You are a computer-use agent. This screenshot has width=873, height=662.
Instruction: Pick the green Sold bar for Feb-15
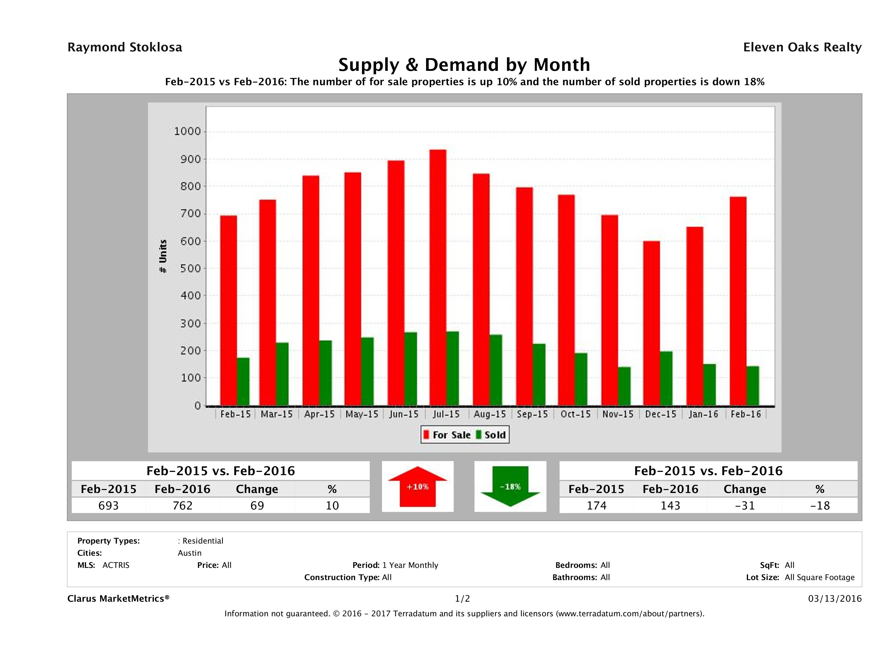pos(243,382)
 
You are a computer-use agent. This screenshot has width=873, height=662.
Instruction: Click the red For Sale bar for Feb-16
pos(738,302)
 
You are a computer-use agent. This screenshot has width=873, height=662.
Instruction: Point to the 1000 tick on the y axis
pos(187,131)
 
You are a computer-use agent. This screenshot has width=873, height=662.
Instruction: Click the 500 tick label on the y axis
pos(190,268)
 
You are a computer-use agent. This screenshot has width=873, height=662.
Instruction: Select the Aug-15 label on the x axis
pos(489,414)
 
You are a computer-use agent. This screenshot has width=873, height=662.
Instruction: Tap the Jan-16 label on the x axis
pos(703,414)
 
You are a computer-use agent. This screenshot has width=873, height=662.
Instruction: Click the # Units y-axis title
pos(163,256)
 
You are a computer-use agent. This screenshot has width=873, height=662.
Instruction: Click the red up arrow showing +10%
pos(417,486)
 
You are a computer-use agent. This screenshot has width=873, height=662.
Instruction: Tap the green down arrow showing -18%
pos(510,486)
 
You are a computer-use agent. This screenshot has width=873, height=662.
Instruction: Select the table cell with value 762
pos(182,505)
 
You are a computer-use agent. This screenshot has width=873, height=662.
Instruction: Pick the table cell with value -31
pos(745,505)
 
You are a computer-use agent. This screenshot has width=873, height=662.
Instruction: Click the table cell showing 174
pos(596,505)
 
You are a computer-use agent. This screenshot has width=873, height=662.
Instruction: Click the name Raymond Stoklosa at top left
pos(125,47)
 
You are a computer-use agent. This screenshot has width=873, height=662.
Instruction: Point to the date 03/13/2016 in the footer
pos(835,598)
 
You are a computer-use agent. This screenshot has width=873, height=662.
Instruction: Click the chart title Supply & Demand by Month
pos(464,65)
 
